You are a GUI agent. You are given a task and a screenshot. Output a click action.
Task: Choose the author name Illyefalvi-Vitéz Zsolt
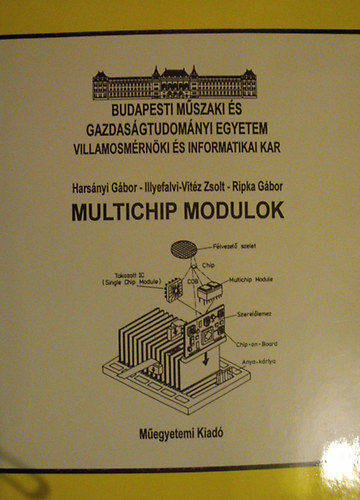coord(181,186)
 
